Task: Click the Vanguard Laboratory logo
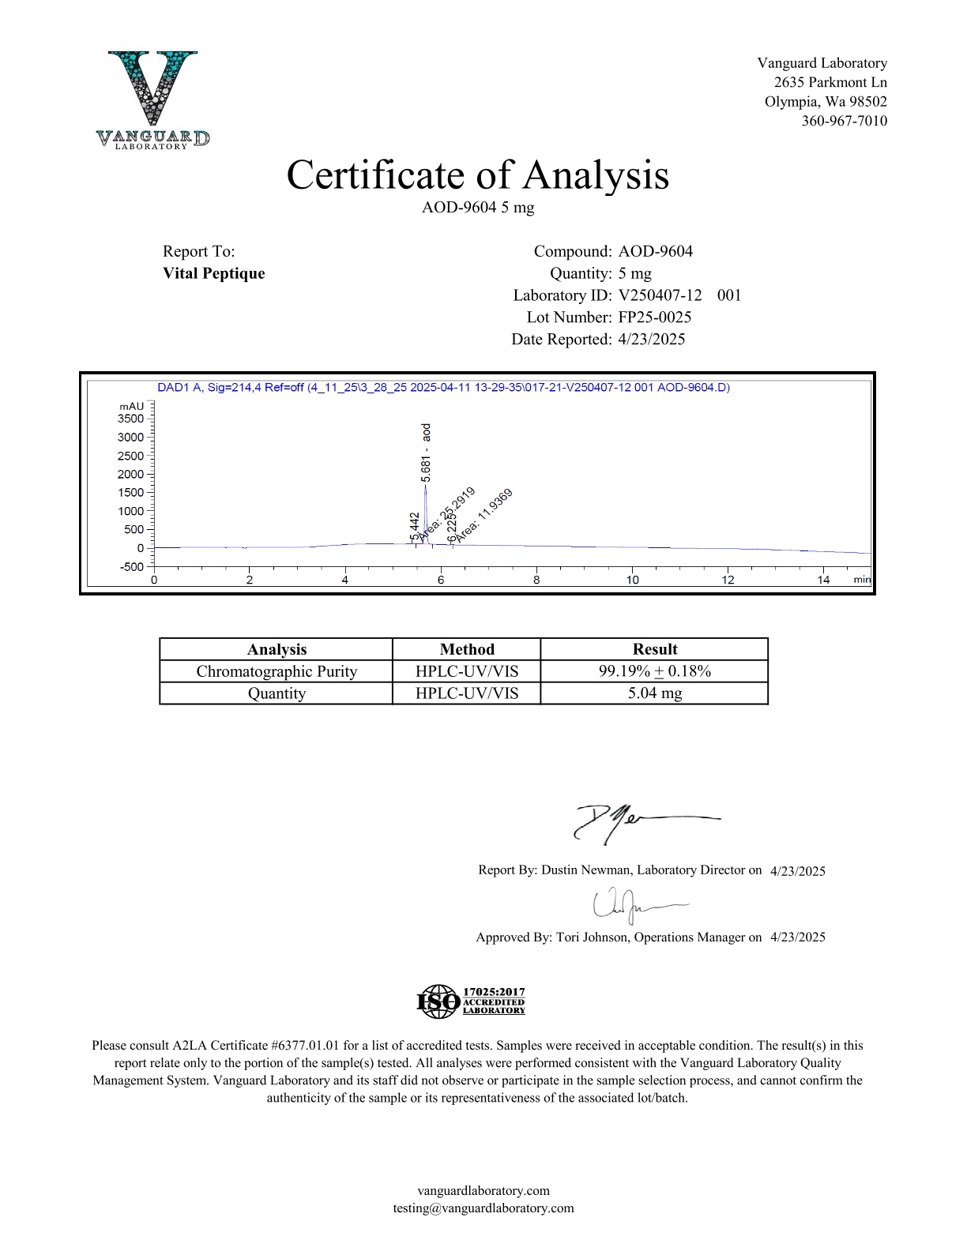[x=153, y=100]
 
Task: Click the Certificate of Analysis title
[x=477, y=175]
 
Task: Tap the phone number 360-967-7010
[x=844, y=121]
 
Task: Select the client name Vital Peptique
[x=213, y=273]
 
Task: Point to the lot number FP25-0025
[x=654, y=317]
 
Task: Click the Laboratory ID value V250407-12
[x=660, y=295]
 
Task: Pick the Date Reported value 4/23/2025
[x=651, y=340]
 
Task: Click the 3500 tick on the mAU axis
[x=131, y=419]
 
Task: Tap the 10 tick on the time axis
[x=632, y=580]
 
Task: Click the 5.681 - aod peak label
[x=427, y=453]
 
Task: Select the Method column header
[x=467, y=649]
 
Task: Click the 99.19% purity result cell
[x=654, y=671]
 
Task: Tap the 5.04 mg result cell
[x=654, y=693]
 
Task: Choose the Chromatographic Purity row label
[x=277, y=671]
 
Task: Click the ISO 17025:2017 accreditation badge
[x=471, y=1001]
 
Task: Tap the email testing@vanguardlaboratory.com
[x=483, y=1208]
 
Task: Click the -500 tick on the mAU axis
[x=132, y=566]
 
